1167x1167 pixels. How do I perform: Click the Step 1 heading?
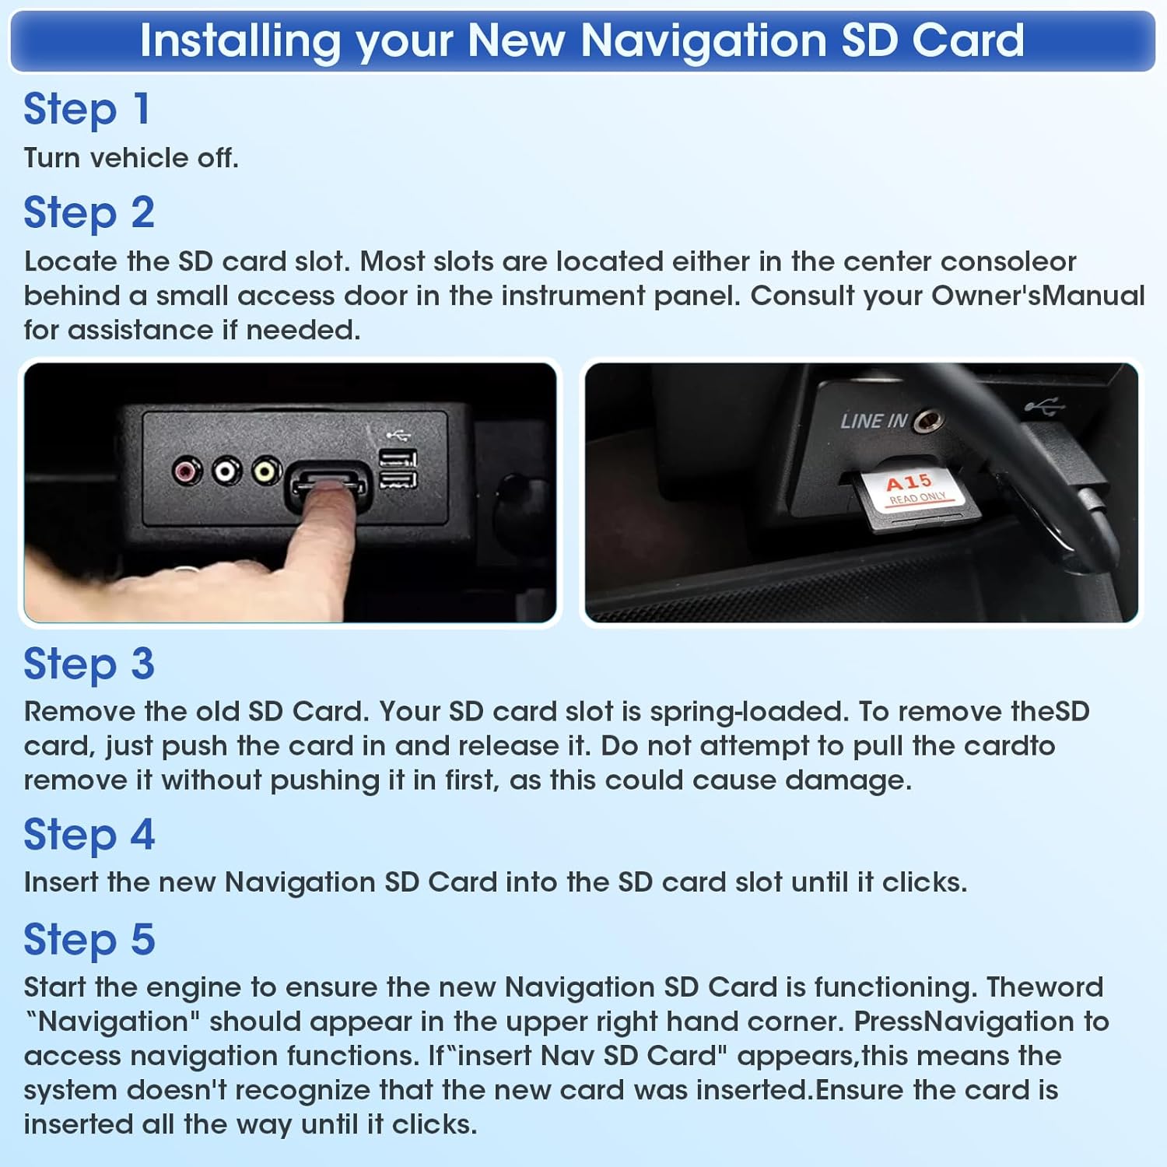pyautogui.click(x=86, y=109)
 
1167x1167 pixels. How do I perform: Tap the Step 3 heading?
pyautogui.click(x=89, y=664)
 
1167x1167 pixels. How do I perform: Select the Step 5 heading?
pyautogui.click(x=89, y=940)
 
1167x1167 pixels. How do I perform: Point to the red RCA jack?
pyautogui.click(x=187, y=471)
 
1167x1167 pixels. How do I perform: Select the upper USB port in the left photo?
pyautogui.click(x=398, y=458)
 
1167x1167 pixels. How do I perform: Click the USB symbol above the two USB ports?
pyautogui.click(x=398, y=435)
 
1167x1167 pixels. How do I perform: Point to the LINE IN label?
pyautogui.click(x=874, y=421)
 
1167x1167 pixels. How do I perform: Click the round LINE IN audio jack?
pyautogui.click(x=928, y=421)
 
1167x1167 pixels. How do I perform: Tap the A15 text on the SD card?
pyautogui.click(x=908, y=482)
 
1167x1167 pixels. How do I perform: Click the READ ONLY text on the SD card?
pyautogui.click(x=918, y=498)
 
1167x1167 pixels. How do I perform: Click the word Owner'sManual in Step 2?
pyautogui.click(x=1038, y=296)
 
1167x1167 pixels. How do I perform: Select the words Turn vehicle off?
pyautogui.click(x=131, y=158)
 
